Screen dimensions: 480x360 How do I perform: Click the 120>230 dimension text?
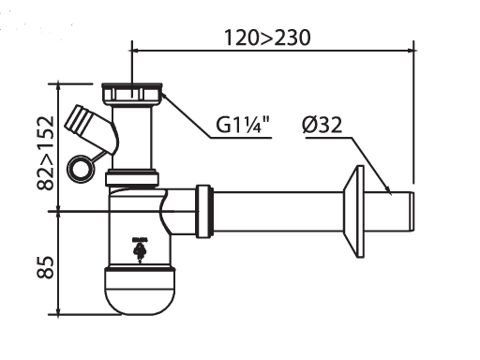(x=267, y=37)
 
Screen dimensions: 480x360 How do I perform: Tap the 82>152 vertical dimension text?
(x=46, y=153)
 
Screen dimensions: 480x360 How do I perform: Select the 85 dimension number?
(x=46, y=267)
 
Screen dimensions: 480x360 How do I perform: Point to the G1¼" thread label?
(x=243, y=125)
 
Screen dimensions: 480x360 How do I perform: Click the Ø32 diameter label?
(x=322, y=125)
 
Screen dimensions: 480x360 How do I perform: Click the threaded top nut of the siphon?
(x=132, y=94)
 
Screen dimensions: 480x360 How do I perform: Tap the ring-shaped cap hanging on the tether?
(x=80, y=169)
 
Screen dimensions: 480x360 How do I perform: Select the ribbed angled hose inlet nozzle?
(x=79, y=121)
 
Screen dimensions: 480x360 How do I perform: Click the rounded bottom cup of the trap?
(x=140, y=291)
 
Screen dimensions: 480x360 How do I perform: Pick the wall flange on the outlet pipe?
(x=354, y=211)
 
